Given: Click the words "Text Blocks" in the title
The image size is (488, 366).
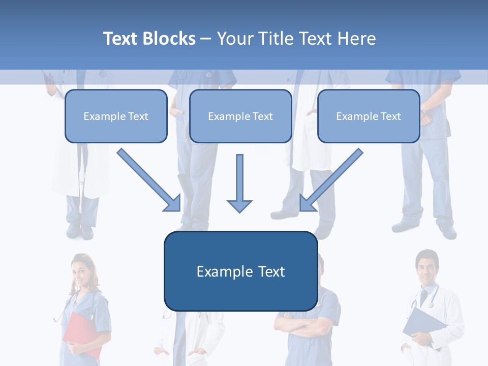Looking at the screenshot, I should coord(149,39).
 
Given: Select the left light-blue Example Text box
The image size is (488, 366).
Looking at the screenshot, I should coord(116,116).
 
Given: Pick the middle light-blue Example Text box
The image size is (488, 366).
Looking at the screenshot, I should coord(240,116).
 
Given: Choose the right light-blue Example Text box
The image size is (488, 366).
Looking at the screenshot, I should coord(369,116).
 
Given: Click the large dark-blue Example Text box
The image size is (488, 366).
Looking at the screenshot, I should coord(240,271).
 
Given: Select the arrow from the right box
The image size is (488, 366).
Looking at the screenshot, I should coord(331,180).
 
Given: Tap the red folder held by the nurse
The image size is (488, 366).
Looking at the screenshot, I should coord(81,335).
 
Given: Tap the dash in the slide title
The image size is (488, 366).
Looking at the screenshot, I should coord(206,39).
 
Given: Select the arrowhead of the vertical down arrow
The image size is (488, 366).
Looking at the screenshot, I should coord(239,205).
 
